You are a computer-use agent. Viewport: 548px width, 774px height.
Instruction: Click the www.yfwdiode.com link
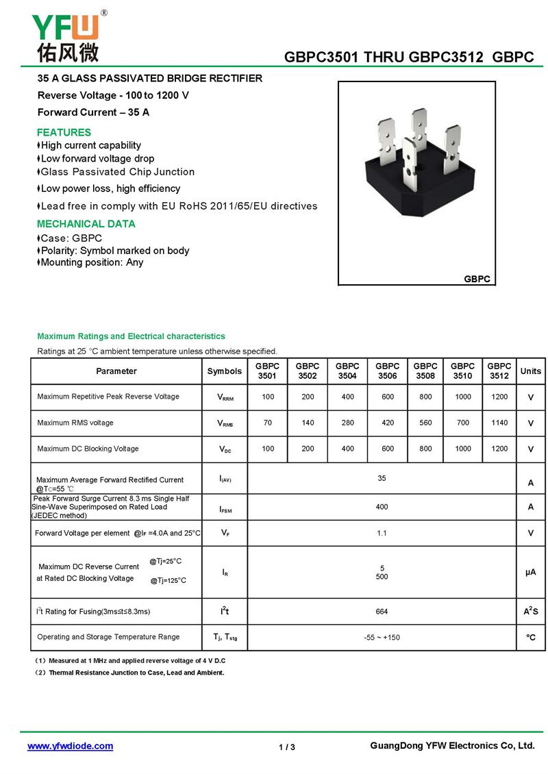tap(70, 746)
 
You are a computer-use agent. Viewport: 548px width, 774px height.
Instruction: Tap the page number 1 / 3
tap(287, 747)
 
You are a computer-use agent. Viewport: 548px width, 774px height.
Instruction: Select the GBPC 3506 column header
tap(387, 371)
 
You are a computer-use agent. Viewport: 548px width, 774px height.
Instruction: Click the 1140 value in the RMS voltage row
tap(499, 423)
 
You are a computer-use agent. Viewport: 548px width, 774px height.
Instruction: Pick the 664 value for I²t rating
tap(382, 611)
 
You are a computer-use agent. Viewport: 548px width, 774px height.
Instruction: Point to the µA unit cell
tap(530, 572)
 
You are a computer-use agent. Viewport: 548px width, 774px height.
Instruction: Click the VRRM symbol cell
tap(225, 397)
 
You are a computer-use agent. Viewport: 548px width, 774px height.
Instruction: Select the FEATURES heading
tap(64, 132)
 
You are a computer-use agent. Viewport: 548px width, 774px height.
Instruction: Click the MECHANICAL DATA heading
tap(86, 224)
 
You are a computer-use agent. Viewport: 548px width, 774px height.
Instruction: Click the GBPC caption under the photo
tap(477, 279)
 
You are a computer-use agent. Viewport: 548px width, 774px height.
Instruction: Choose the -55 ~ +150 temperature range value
tap(382, 638)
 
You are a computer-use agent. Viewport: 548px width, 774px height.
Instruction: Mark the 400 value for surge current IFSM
tap(382, 507)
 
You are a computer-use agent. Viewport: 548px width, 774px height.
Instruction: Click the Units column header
tap(530, 371)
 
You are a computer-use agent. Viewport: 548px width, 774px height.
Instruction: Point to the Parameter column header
tap(116, 371)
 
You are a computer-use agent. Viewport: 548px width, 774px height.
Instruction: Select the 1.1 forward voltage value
tap(382, 533)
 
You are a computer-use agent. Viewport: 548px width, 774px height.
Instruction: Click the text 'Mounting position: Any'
tap(92, 262)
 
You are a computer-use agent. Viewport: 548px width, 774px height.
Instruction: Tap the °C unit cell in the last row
tap(530, 638)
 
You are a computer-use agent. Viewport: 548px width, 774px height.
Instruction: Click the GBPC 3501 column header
tap(267, 371)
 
